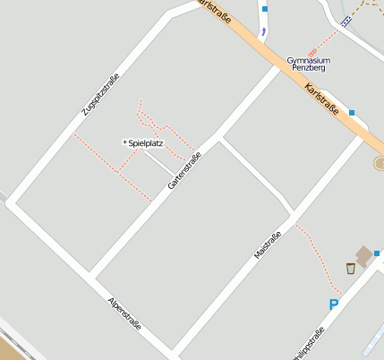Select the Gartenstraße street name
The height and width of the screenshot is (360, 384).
pos(184,170)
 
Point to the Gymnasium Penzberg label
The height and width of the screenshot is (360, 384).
pos(308,64)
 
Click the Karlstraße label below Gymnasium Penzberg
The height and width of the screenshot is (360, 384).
pos(322,99)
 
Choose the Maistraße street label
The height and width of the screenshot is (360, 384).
pos(268,245)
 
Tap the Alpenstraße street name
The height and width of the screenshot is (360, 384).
pos(124,313)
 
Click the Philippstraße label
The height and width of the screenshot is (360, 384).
pos(308,345)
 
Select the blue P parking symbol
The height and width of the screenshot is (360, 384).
pos(334,304)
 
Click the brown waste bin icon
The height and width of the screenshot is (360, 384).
pos(351,268)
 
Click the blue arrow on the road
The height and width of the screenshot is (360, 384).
pos(264,30)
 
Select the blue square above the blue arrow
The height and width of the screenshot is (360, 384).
pos(265,9)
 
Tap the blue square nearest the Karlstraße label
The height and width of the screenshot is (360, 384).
pos(352,113)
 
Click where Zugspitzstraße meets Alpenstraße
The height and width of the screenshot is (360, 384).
pos(11,203)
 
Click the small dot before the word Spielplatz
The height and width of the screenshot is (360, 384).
pos(124,142)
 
